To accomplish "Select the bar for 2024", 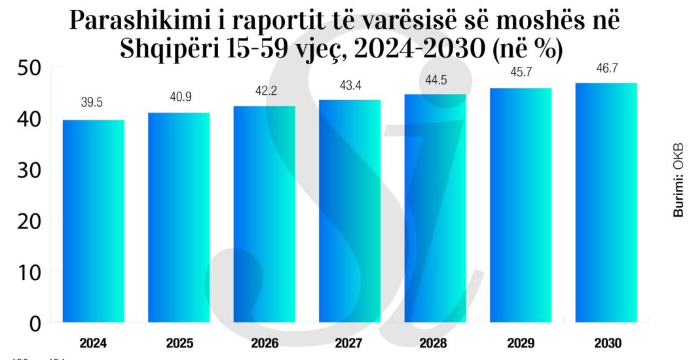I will click(93, 221).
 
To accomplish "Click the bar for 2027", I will click(350, 211).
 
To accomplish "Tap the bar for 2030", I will click(606, 202).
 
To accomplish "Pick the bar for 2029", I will click(521, 205).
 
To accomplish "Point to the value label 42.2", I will click(265, 90).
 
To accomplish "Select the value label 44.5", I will click(436, 79).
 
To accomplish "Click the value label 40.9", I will click(179, 97).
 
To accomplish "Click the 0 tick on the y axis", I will click(35, 323).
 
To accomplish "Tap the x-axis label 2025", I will click(179, 343).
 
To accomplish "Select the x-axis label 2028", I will click(436, 343).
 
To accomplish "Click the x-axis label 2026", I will click(265, 343).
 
